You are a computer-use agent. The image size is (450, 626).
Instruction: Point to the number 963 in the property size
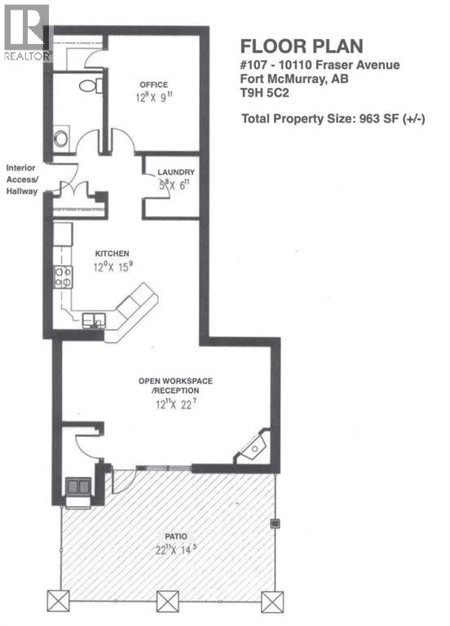point(364,118)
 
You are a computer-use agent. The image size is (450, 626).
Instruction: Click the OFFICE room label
point(153,84)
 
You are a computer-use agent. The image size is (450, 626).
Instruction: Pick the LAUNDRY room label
point(176,172)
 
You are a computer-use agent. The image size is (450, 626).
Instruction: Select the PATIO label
point(174,536)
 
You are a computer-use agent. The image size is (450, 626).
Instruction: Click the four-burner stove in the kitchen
point(63,277)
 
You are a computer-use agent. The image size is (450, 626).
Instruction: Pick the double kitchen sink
point(95,320)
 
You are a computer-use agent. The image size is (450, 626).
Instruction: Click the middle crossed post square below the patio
point(168,602)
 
